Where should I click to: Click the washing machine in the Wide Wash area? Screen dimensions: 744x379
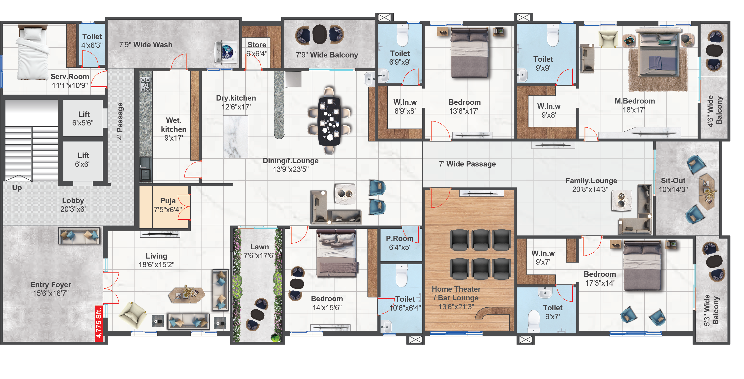(x=225, y=52)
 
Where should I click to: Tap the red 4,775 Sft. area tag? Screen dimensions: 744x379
(x=99, y=323)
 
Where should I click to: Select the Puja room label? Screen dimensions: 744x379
(x=168, y=205)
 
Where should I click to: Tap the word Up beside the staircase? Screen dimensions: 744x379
(x=17, y=188)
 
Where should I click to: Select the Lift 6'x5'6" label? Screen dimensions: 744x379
(x=83, y=118)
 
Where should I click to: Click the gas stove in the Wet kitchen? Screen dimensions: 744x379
(x=145, y=84)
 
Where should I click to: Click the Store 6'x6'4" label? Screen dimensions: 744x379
(x=257, y=49)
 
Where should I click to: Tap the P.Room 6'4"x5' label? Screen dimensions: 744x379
(x=400, y=243)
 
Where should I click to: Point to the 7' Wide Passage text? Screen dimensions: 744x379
(x=467, y=164)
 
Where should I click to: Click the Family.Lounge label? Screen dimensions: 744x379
(x=591, y=185)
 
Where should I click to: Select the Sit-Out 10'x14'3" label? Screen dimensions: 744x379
(x=673, y=185)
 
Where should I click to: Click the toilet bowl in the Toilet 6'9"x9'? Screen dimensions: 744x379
(x=402, y=35)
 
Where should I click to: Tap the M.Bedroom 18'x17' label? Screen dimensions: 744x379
(x=635, y=105)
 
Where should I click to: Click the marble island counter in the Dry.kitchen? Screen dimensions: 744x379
(x=235, y=137)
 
